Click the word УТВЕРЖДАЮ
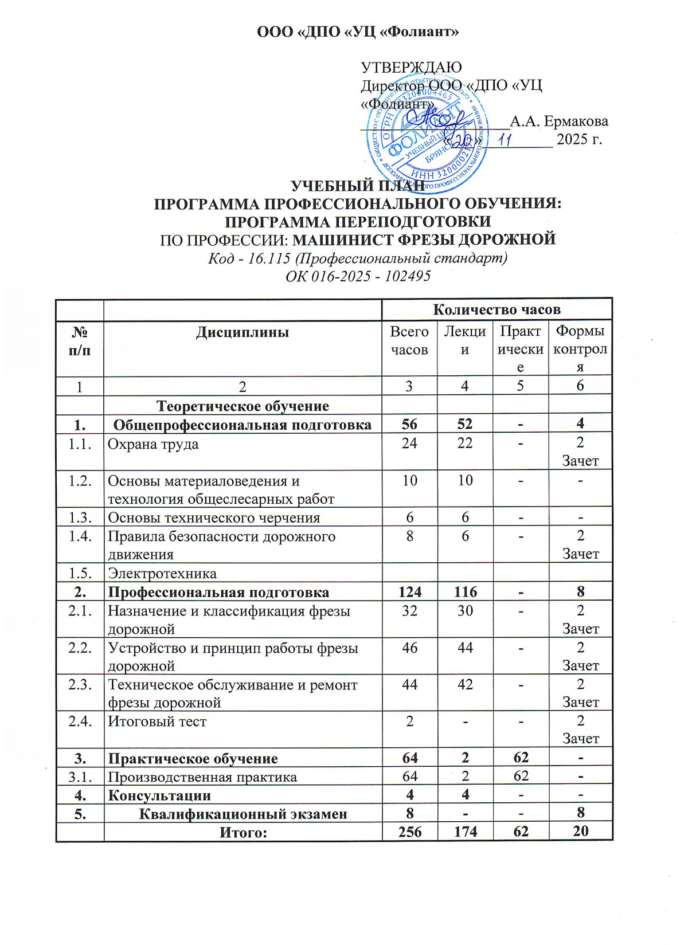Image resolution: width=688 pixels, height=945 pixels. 411,68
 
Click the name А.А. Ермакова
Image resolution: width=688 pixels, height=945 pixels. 559,121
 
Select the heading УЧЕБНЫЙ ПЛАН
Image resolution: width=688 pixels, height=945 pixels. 359,186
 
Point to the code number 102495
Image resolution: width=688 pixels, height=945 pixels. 408,276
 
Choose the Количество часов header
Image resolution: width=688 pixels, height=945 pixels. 497,309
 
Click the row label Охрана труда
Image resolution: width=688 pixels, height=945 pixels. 154,444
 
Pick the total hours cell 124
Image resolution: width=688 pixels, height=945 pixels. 409,592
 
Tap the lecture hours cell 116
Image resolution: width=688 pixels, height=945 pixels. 464,592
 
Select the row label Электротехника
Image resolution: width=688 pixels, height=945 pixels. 162,574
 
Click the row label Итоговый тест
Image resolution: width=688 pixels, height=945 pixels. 157,722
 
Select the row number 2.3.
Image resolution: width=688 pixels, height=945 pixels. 80,685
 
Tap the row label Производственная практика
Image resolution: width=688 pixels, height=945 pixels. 202,777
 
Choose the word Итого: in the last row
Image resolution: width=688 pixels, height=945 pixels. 244,832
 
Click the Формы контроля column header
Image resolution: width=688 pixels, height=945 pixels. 580,349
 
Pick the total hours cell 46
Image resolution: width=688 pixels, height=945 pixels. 409,648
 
